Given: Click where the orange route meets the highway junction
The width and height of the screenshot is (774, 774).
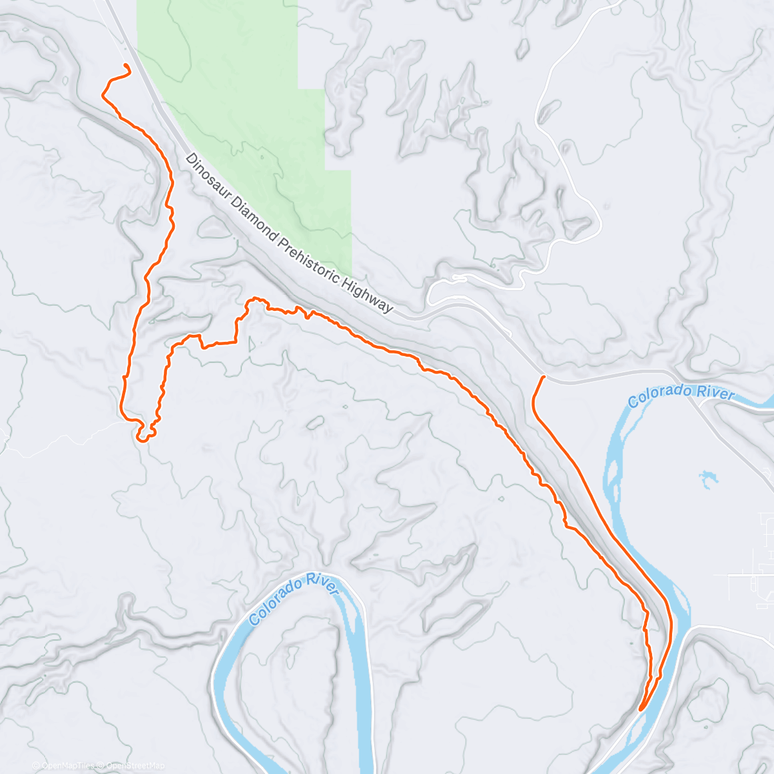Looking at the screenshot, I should pos(545,377).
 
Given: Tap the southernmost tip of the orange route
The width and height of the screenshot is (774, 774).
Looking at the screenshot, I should pos(640,709).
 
